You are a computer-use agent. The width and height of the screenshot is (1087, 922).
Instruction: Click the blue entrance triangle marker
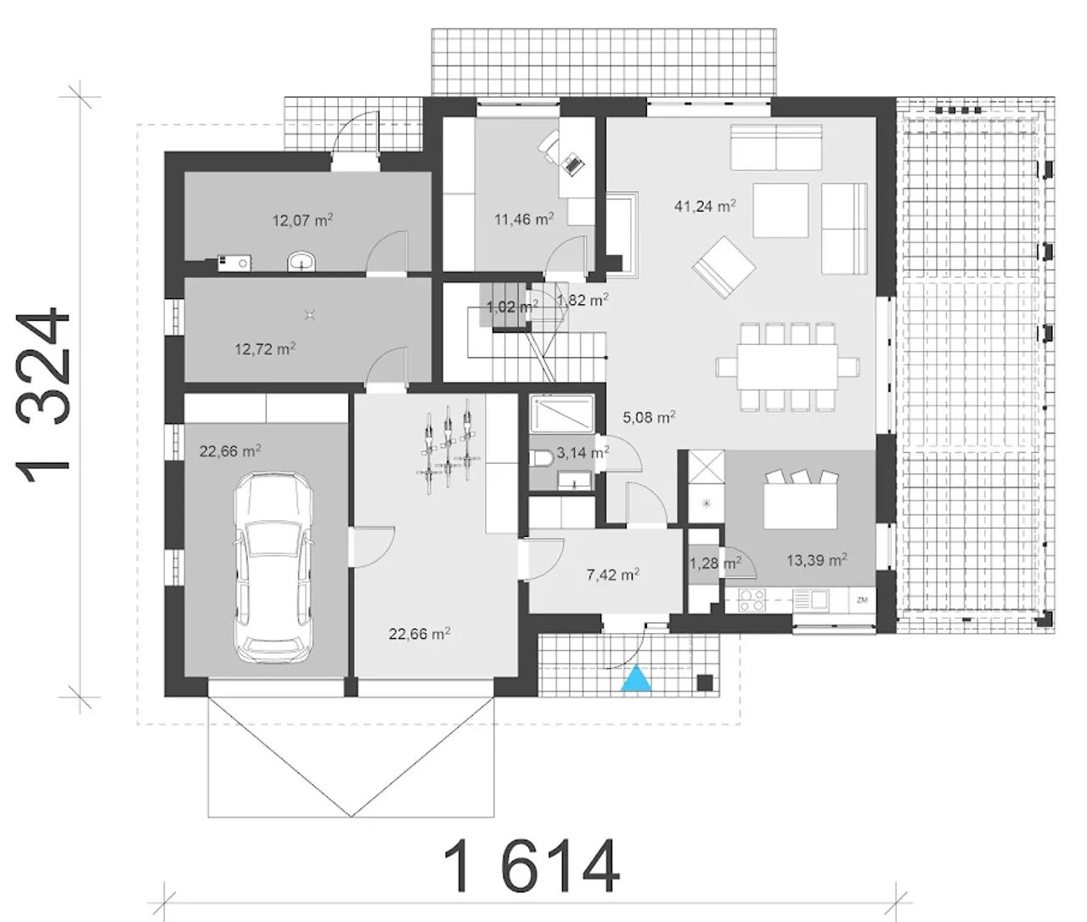(636, 678)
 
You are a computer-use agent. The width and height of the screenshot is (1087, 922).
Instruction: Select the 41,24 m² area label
(705, 206)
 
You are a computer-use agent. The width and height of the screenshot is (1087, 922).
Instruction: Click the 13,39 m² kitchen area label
(817, 560)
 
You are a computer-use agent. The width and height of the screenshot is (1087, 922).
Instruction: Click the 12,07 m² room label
(302, 220)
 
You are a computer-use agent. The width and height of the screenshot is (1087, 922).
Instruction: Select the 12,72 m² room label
(264, 349)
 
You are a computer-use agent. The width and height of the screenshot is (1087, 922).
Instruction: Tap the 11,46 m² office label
(524, 219)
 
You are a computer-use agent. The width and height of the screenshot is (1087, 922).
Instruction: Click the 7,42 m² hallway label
(612, 574)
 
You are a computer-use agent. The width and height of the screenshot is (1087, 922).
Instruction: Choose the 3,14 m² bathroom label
(583, 453)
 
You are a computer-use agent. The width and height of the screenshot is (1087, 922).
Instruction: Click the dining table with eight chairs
(787, 367)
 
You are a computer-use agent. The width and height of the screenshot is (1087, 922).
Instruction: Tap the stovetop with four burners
(752, 601)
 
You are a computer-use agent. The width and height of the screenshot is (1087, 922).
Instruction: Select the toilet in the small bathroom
(541, 459)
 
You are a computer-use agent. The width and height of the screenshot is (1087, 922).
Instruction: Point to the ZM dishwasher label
(862, 600)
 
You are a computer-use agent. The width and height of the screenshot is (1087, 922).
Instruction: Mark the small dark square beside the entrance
(705, 682)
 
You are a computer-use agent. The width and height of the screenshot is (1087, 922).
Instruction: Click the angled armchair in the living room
(724, 268)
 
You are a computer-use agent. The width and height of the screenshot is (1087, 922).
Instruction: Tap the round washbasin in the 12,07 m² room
(301, 261)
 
